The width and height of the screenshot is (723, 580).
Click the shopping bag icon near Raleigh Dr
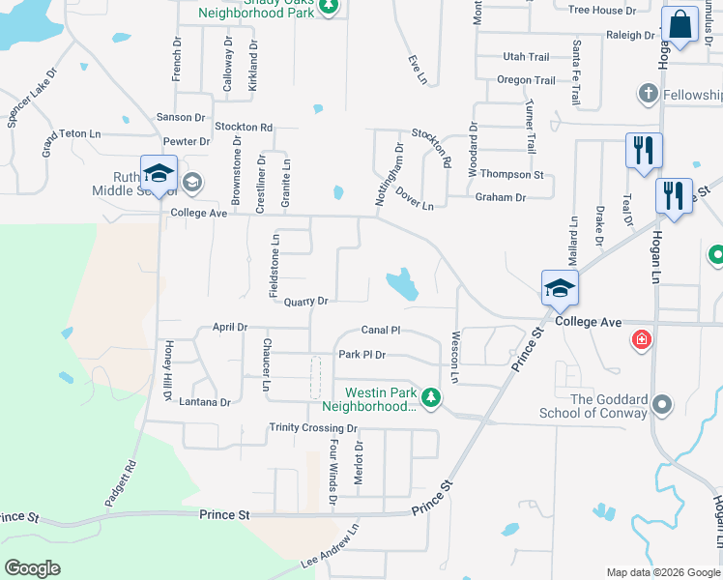coord(680,26)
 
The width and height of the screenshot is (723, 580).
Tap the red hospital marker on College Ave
coord(640,339)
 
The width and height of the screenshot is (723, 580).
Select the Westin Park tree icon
coord(432,396)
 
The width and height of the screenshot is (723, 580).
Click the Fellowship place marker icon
coord(647,94)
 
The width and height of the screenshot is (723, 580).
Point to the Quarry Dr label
coord(307,302)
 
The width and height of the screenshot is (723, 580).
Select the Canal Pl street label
coord(381,331)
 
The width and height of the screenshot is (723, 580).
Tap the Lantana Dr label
coord(205,402)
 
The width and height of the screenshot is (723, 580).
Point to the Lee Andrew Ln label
coord(330,547)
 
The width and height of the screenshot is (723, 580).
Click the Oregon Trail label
coord(526,81)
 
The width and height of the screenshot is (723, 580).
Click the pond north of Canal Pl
coord(401,284)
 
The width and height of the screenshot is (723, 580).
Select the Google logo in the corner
coord(32,567)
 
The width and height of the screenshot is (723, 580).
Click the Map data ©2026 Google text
coord(663,572)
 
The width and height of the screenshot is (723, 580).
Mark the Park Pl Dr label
coord(361,355)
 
